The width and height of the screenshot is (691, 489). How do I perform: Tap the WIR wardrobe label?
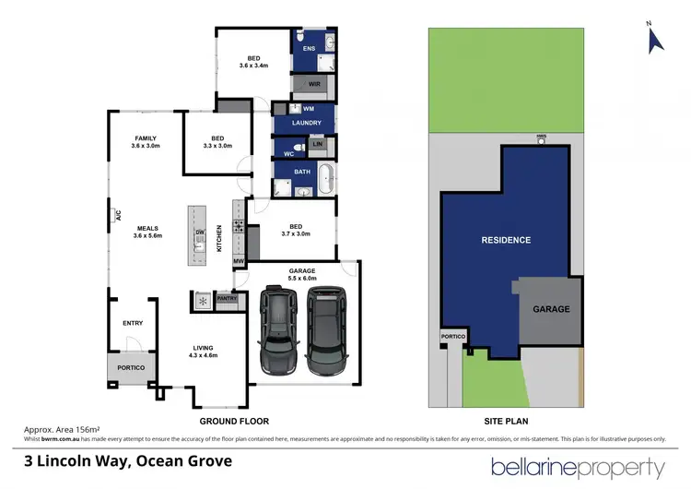(314, 84)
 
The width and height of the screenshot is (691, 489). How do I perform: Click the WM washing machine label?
(309, 109)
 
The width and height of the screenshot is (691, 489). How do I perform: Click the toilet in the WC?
(297, 148)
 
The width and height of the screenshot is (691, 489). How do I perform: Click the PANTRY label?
(226, 298)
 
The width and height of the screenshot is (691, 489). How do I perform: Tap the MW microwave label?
(238, 262)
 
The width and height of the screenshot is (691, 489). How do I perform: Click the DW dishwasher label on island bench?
(199, 232)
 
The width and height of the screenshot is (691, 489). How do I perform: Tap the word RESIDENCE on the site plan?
(506, 240)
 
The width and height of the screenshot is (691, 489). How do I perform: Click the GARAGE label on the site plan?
(551, 309)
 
